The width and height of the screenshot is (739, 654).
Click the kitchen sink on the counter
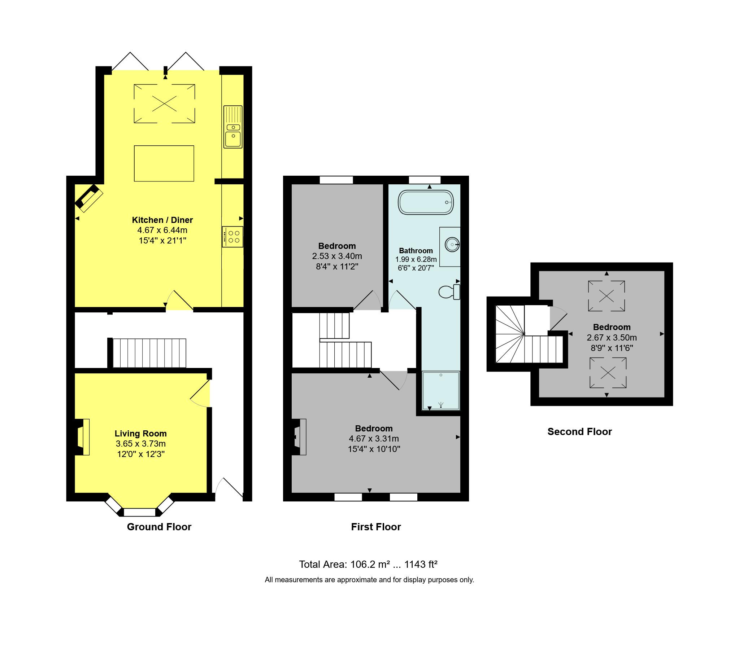click(x=233, y=127)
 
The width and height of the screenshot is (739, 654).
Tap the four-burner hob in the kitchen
click(x=232, y=237)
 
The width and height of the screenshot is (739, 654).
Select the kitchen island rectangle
click(x=164, y=163)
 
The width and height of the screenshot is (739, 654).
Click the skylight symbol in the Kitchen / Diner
click(x=164, y=104)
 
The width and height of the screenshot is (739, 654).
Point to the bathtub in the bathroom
click(x=426, y=202)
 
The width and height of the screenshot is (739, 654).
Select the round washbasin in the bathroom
click(x=452, y=245)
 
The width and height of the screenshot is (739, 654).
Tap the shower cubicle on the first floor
click(x=441, y=391)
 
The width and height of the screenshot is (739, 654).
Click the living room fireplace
click(x=82, y=437)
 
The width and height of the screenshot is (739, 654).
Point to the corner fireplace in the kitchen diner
click(x=88, y=198)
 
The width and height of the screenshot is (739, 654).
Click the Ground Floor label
click(x=159, y=527)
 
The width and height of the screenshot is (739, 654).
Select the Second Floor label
click(x=579, y=431)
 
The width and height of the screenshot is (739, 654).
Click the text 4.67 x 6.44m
click(x=162, y=230)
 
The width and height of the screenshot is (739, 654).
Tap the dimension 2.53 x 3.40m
click(x=337, y=256)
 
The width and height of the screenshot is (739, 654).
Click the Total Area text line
click(x=368, y=565)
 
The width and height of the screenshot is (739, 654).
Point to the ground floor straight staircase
click(x=149, y=353)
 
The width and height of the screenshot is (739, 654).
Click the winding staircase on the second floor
click(x=510, y=334)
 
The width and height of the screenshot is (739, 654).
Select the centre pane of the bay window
click(x=139, y=512)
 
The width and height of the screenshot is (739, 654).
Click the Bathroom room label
click(x=416, y=251)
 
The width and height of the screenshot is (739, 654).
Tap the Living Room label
click(x=141, y=434)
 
